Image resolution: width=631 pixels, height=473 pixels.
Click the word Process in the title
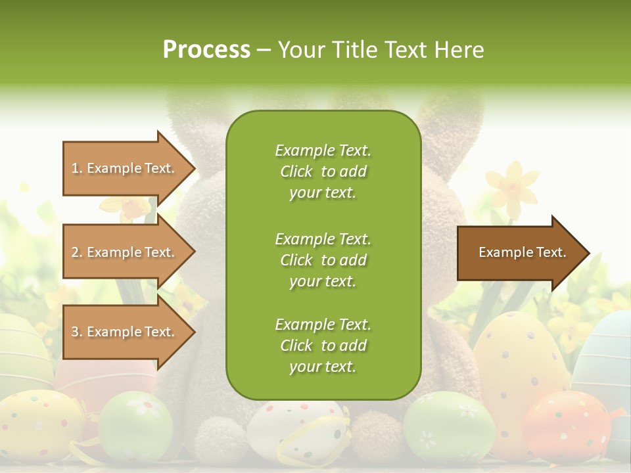pyautogui.click(x=206, y=49)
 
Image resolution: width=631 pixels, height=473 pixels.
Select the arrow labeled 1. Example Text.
pyautogui.click(x=125, y=168)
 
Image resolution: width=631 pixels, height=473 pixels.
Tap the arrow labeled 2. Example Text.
pyautogui.click(x=125, y=252)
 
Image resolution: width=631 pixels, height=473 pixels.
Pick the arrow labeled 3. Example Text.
pyautogui.click(x=125, y=332)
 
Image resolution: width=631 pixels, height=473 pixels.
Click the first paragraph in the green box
pyautogui.click(x=323, y=171)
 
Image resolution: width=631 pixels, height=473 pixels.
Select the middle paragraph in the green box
pyautogui.click(x=323, y=259)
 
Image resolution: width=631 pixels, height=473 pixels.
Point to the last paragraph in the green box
pyautogui.click(x=323, y=346)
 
